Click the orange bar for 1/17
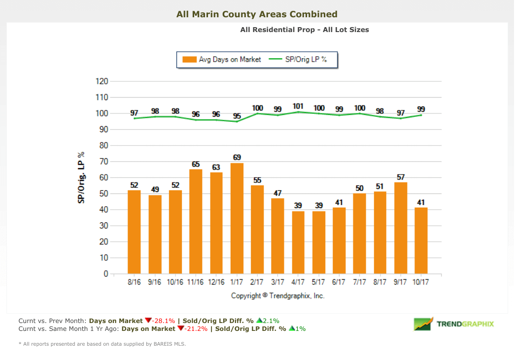click(237, 218)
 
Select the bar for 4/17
click(298, 242)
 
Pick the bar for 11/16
click(196, 221)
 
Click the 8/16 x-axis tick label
click(134, 283)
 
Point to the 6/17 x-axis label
click(339, 283)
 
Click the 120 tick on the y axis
click(102, 81)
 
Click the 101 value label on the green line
click(298, 106)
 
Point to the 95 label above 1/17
click(237, 115)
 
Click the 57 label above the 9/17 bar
click(401, 177)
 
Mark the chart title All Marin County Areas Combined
click(257, 14)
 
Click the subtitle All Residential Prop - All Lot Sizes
click(304, 30)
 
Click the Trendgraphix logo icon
click(423, 324)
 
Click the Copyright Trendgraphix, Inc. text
click(278, 296)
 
